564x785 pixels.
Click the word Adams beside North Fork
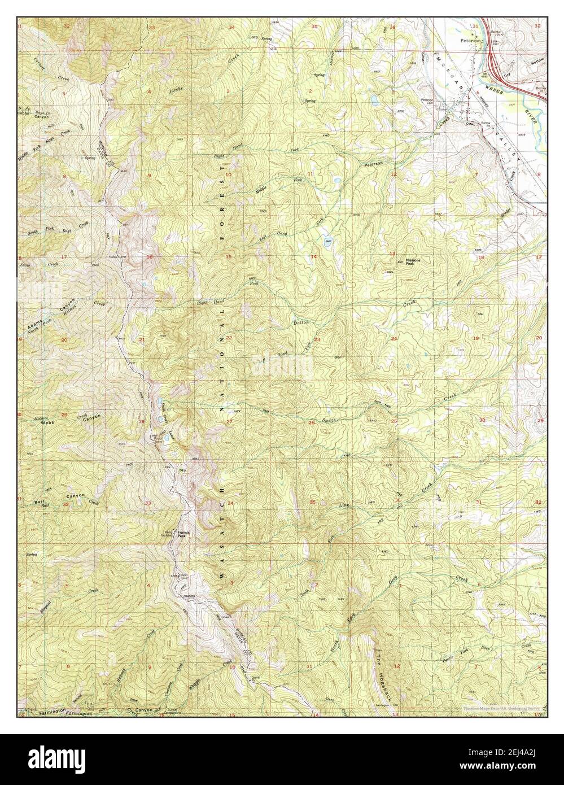pos(36,325)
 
